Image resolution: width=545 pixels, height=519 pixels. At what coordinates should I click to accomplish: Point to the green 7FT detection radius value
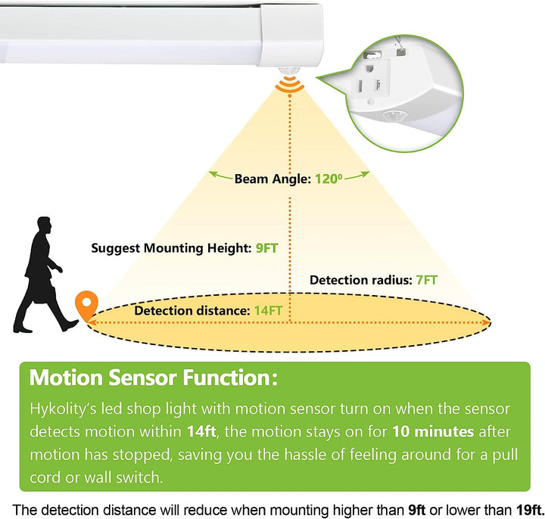click(426, 280)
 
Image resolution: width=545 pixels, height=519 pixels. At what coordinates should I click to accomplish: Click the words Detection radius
click(360, 280)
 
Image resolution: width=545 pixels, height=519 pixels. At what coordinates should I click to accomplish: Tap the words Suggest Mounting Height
click(172, 247)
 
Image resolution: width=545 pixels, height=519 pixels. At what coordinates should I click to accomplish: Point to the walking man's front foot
click(70, 325)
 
